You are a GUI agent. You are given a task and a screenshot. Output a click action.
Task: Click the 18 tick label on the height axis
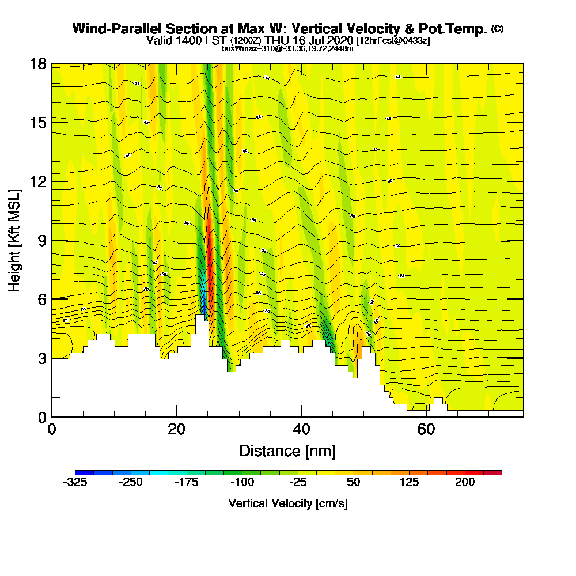click(x=38, y=63)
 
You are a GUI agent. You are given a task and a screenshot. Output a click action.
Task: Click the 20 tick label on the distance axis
click(x=177, y=429)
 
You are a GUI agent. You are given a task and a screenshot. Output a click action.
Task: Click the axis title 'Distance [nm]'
click(x=287, y=450)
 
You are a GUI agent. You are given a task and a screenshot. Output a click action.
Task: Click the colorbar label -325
click(x=74, y=482)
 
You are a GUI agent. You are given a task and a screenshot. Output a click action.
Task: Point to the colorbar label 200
click(x=465, y=482)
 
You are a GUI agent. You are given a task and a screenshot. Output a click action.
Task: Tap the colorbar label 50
click(x=354, y=482)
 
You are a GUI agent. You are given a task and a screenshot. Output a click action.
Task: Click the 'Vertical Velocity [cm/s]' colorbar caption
click(x=288, y=503)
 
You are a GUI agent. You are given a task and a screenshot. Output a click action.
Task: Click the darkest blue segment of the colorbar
click(x=84, y=472)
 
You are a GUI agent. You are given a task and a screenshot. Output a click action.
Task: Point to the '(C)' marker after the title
click(x=497, y=29)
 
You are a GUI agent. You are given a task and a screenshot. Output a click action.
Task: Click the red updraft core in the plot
click(x=210, y=253)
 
